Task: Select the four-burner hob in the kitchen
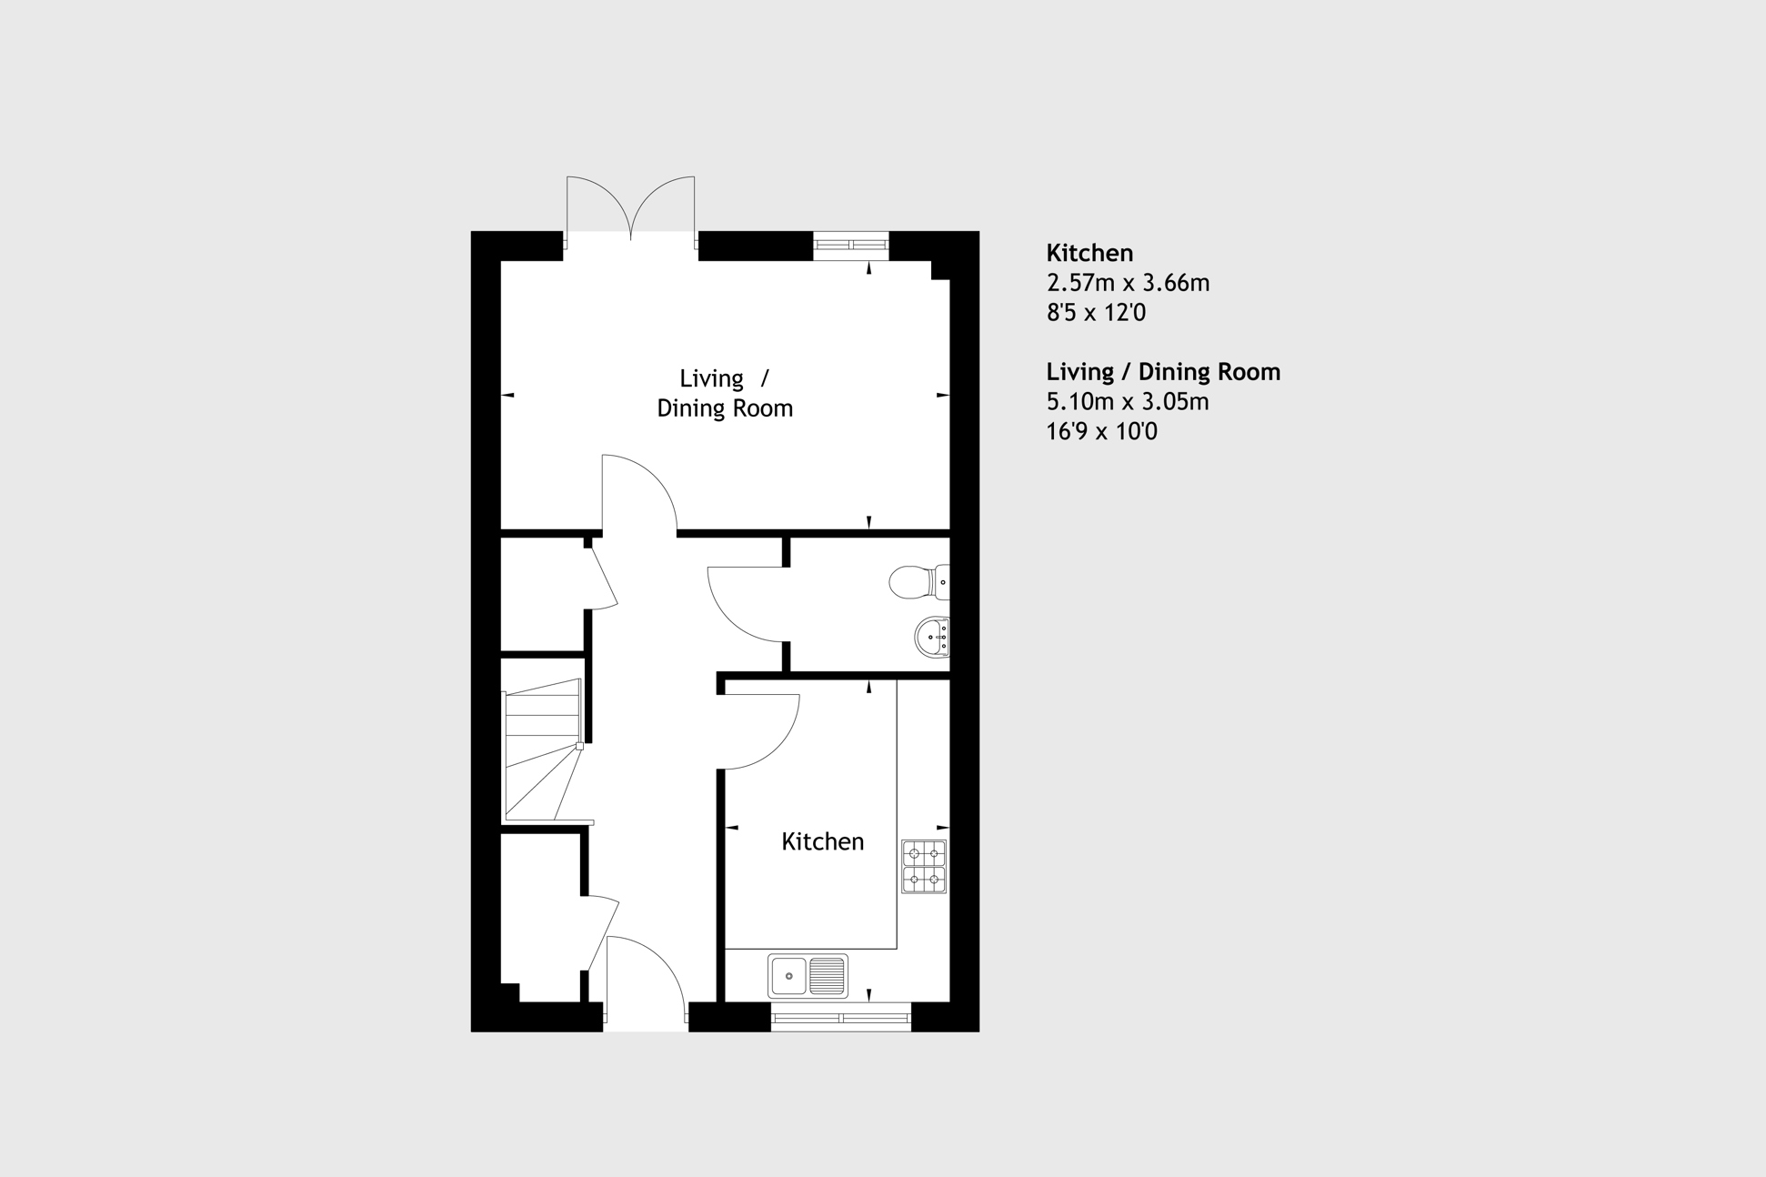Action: [924, 867]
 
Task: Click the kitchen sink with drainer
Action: [808, 976]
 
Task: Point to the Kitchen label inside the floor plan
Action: [822, 841]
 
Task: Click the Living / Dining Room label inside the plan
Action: [725, 393]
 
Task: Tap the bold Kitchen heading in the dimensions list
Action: [1089, 253]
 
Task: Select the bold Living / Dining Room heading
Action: [1163, 371]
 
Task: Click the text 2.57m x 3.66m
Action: [1128, 283]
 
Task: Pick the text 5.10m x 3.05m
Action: [1128, 401]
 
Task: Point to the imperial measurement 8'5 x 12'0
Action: [1096, 313]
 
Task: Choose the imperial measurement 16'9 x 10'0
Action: [1101, 431]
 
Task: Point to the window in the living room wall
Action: [850, 245]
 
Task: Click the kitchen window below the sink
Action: [841, 1018]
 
